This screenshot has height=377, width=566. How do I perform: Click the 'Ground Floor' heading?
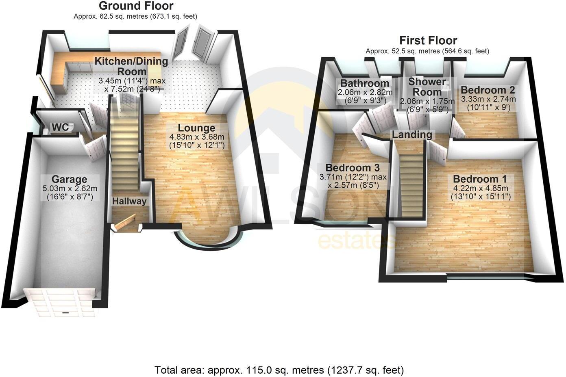point(136,6)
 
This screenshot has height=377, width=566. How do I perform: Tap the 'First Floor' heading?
point(428,41)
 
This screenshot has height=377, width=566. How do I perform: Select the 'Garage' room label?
point(69,179)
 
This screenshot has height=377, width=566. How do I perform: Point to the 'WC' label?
point(60,128)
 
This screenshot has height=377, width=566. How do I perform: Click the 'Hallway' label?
point(129,201)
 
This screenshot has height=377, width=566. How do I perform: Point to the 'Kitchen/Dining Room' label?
point(131,66)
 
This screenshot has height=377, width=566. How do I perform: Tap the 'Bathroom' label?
point(365,83)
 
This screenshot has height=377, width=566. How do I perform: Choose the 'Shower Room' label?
point(427,87)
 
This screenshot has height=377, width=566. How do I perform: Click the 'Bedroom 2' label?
point(488,90)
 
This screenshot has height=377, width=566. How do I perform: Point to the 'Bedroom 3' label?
point(353,167)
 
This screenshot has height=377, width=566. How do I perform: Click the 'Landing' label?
point(411,134)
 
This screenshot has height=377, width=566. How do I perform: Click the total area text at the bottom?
point(279,370)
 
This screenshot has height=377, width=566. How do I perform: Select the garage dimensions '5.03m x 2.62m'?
point(69,188)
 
